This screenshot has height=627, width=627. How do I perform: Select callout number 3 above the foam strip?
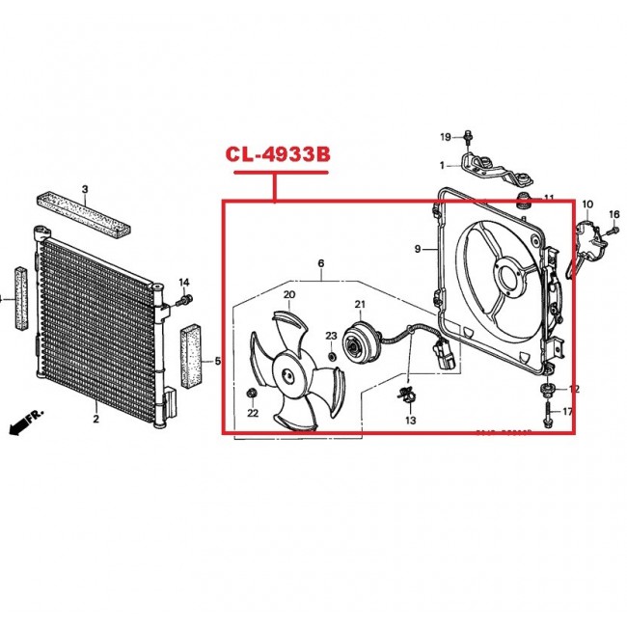click(84, 189)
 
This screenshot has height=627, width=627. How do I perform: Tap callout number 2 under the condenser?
click(95, 419)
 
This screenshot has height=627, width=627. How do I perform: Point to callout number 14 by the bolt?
click(185, 283)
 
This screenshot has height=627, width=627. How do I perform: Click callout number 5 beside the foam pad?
click(217, 362)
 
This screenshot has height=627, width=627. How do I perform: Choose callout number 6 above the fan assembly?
click(320, 263)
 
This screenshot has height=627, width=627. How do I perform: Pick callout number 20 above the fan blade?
click(288, 294)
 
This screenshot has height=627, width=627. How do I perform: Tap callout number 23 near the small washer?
click(330, 336)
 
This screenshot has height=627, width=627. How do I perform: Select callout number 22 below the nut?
click(253, 413)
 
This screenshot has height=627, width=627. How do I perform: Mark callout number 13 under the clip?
click(410, 421)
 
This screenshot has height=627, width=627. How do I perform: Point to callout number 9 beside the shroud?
click(419, 249)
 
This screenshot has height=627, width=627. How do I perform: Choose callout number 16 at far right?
click(613, 213)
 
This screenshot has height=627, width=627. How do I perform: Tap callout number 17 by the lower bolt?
click(567, 412)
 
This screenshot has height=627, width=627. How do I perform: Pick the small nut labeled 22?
click(253, 392)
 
